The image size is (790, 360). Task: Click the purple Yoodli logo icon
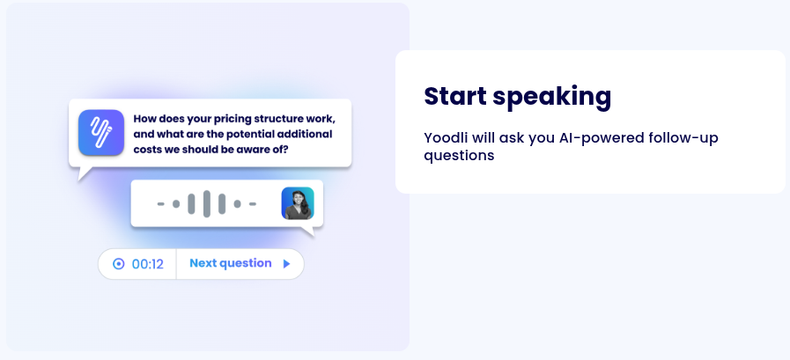[100, 133]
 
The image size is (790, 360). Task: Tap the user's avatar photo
[297, 203]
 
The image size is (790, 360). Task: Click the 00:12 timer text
[148, 264]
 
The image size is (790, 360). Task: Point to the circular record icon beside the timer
[119, 264]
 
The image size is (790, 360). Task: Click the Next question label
[230, 263]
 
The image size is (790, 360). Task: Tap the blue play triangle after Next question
[286, 263]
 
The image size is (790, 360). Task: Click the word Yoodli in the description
[445, 137]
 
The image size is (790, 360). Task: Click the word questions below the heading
[459, 156]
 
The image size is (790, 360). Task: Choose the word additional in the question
[305, 134]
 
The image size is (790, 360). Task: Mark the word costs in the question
[149, 150]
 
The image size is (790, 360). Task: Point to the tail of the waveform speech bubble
[308, 232]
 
